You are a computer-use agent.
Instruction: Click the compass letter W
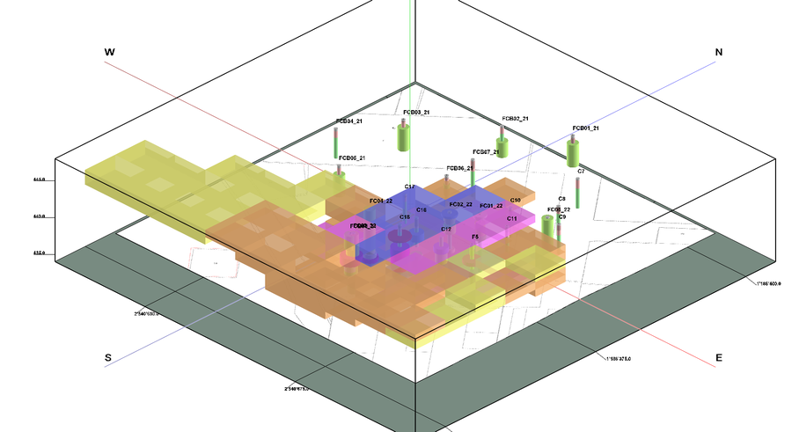coord(109,53)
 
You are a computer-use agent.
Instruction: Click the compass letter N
coord(719,53)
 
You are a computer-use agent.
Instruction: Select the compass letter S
coord(108,357)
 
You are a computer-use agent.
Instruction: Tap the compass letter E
coord(719,357)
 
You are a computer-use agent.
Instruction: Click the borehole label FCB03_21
coord(416,113)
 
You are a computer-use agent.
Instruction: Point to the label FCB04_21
coord(349,121)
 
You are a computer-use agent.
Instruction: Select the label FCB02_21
coord(515,118)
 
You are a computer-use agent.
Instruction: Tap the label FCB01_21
coord(585,128)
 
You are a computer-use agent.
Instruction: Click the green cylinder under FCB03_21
coord(404,137)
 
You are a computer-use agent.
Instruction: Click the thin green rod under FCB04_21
coord(337,143)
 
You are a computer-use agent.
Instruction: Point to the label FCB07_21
coord(486,152)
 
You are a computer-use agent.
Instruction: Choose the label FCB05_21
coord(350,158)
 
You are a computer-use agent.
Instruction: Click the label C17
coord(410,187)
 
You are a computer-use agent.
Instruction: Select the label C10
coord(516,201)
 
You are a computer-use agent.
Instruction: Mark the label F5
coord(475,237)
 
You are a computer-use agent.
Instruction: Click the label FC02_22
coord(461,204)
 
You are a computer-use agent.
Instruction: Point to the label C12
coord(446,229)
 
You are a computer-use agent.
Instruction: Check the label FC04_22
coord(381,201)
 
